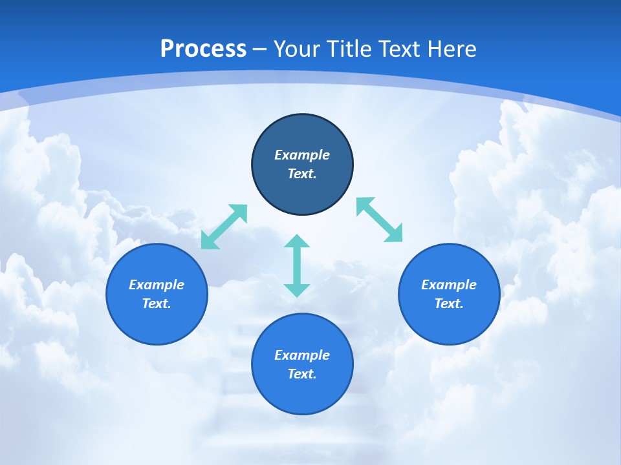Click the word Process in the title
(x=203, y=48)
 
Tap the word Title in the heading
(x=353, y=48)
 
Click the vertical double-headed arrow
(x=297, y=265)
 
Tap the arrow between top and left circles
(x=224, y=226)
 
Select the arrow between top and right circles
(x=380, y=220)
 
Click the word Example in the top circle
(x=302, y=155)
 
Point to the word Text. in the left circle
(x=157, y=304)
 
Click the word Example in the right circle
(x=449, y=285)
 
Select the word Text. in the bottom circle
(x=302, y=374)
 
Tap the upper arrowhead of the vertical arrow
(x=297, y=242)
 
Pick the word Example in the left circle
(x=157, y=285)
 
